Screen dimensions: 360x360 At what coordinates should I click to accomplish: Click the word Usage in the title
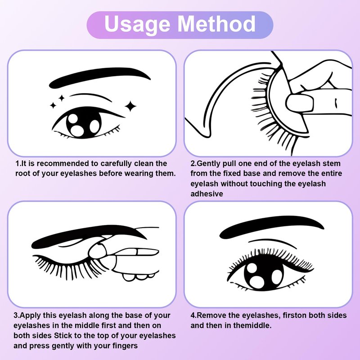[137, 25]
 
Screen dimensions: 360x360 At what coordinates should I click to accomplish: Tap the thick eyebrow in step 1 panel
[99, 77]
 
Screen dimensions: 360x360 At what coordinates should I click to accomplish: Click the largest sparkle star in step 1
[130, 106]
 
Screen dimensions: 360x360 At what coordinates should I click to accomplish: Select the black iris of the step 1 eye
[84, 123]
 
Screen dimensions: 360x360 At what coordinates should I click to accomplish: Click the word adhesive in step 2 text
[207, 194]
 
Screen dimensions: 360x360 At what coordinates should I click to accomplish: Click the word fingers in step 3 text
[125, 346]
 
